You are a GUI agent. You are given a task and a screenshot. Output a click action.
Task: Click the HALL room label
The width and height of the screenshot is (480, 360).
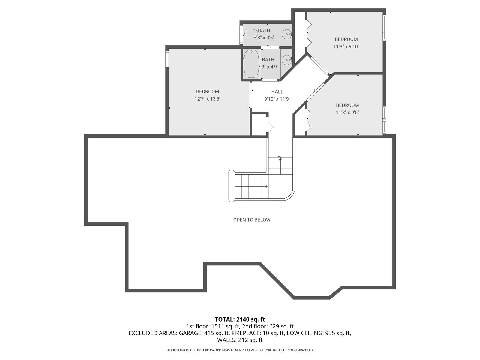click(277, 92)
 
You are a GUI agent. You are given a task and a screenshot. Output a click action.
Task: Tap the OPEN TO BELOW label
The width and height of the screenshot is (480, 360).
click(252, 220)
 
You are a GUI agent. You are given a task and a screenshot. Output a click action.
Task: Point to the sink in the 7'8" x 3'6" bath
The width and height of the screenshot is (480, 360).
click(286, 34)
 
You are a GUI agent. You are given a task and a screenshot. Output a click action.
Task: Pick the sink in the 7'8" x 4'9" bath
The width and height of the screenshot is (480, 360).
click(286, 60)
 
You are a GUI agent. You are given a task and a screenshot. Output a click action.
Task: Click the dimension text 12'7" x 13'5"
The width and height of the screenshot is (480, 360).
click(208, 99)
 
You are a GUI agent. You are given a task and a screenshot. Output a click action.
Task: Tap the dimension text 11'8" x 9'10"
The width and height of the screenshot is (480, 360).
click(346, 46)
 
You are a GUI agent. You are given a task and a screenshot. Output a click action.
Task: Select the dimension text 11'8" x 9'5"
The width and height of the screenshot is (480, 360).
click(347, 112)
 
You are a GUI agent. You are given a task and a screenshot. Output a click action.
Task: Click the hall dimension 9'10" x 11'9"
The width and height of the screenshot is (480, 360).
click(277, 99)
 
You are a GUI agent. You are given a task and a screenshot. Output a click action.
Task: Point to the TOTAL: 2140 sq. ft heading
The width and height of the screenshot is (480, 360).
click(240, 319)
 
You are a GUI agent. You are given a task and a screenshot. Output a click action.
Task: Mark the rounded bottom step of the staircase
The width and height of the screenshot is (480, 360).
click(231, 186)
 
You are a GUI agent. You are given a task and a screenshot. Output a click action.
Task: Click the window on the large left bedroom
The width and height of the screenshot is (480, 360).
click(167, 58)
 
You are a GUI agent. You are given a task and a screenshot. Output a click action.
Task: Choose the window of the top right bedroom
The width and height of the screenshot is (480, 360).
click(384, 27)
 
